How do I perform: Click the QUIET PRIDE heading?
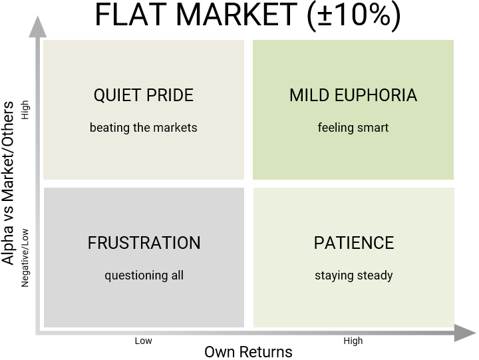coord(144,95)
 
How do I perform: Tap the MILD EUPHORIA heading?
coord(353,95)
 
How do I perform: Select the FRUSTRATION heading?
coord(144,243)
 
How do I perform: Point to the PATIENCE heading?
coord(354,243)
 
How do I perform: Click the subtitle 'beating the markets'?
coord(144,128)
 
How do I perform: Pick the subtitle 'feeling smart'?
coord(353,128)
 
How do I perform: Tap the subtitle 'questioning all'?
coord(144,275)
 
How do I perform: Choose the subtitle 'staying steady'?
coord(354,275)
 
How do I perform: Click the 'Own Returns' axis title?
coord(248,352)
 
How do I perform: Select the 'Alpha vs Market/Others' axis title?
coord(7,183)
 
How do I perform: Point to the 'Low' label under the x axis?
coord(143,341)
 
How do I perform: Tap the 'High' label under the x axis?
coord(353,341)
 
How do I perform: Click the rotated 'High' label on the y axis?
coord(25,110)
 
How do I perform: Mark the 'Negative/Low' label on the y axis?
coord(25,258)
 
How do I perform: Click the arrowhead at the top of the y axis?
coord(37,27)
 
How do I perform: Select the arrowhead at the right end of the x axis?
coord(465,333)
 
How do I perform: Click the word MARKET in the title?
coord(236,15)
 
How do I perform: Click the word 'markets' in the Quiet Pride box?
coord(176,128)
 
